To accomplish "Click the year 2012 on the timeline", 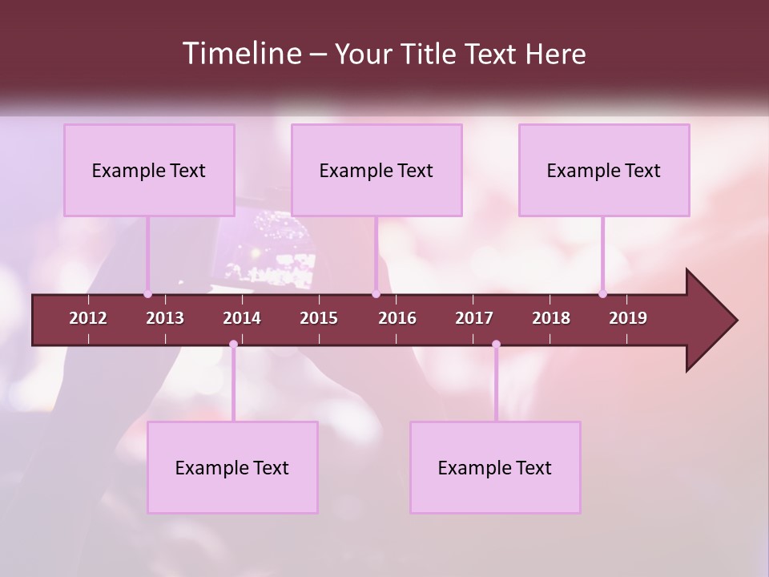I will click(88, 318).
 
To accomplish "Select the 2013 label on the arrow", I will click(165, 318).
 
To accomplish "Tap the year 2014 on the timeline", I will click(242, 318).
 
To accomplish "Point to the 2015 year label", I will click(319, 318).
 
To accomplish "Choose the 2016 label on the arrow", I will click(397, 318).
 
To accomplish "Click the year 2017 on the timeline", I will click(474, 318).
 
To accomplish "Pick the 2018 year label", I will click(551, 318).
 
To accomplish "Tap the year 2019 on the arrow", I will click(628, 318).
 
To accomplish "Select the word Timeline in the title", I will click(242, 54).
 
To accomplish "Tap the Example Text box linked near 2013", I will click(149, 170).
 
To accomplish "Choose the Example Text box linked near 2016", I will click(376, 170).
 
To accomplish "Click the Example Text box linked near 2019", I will click(604, 170).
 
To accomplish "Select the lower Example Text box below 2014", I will click(232, 467).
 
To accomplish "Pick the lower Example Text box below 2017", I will click(495, 467).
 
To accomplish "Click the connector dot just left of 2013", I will click(147, 294).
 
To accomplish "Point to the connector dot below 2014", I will click(233, 345).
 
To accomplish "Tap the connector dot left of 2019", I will click(602, 294).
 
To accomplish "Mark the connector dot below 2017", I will click(496, 345).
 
